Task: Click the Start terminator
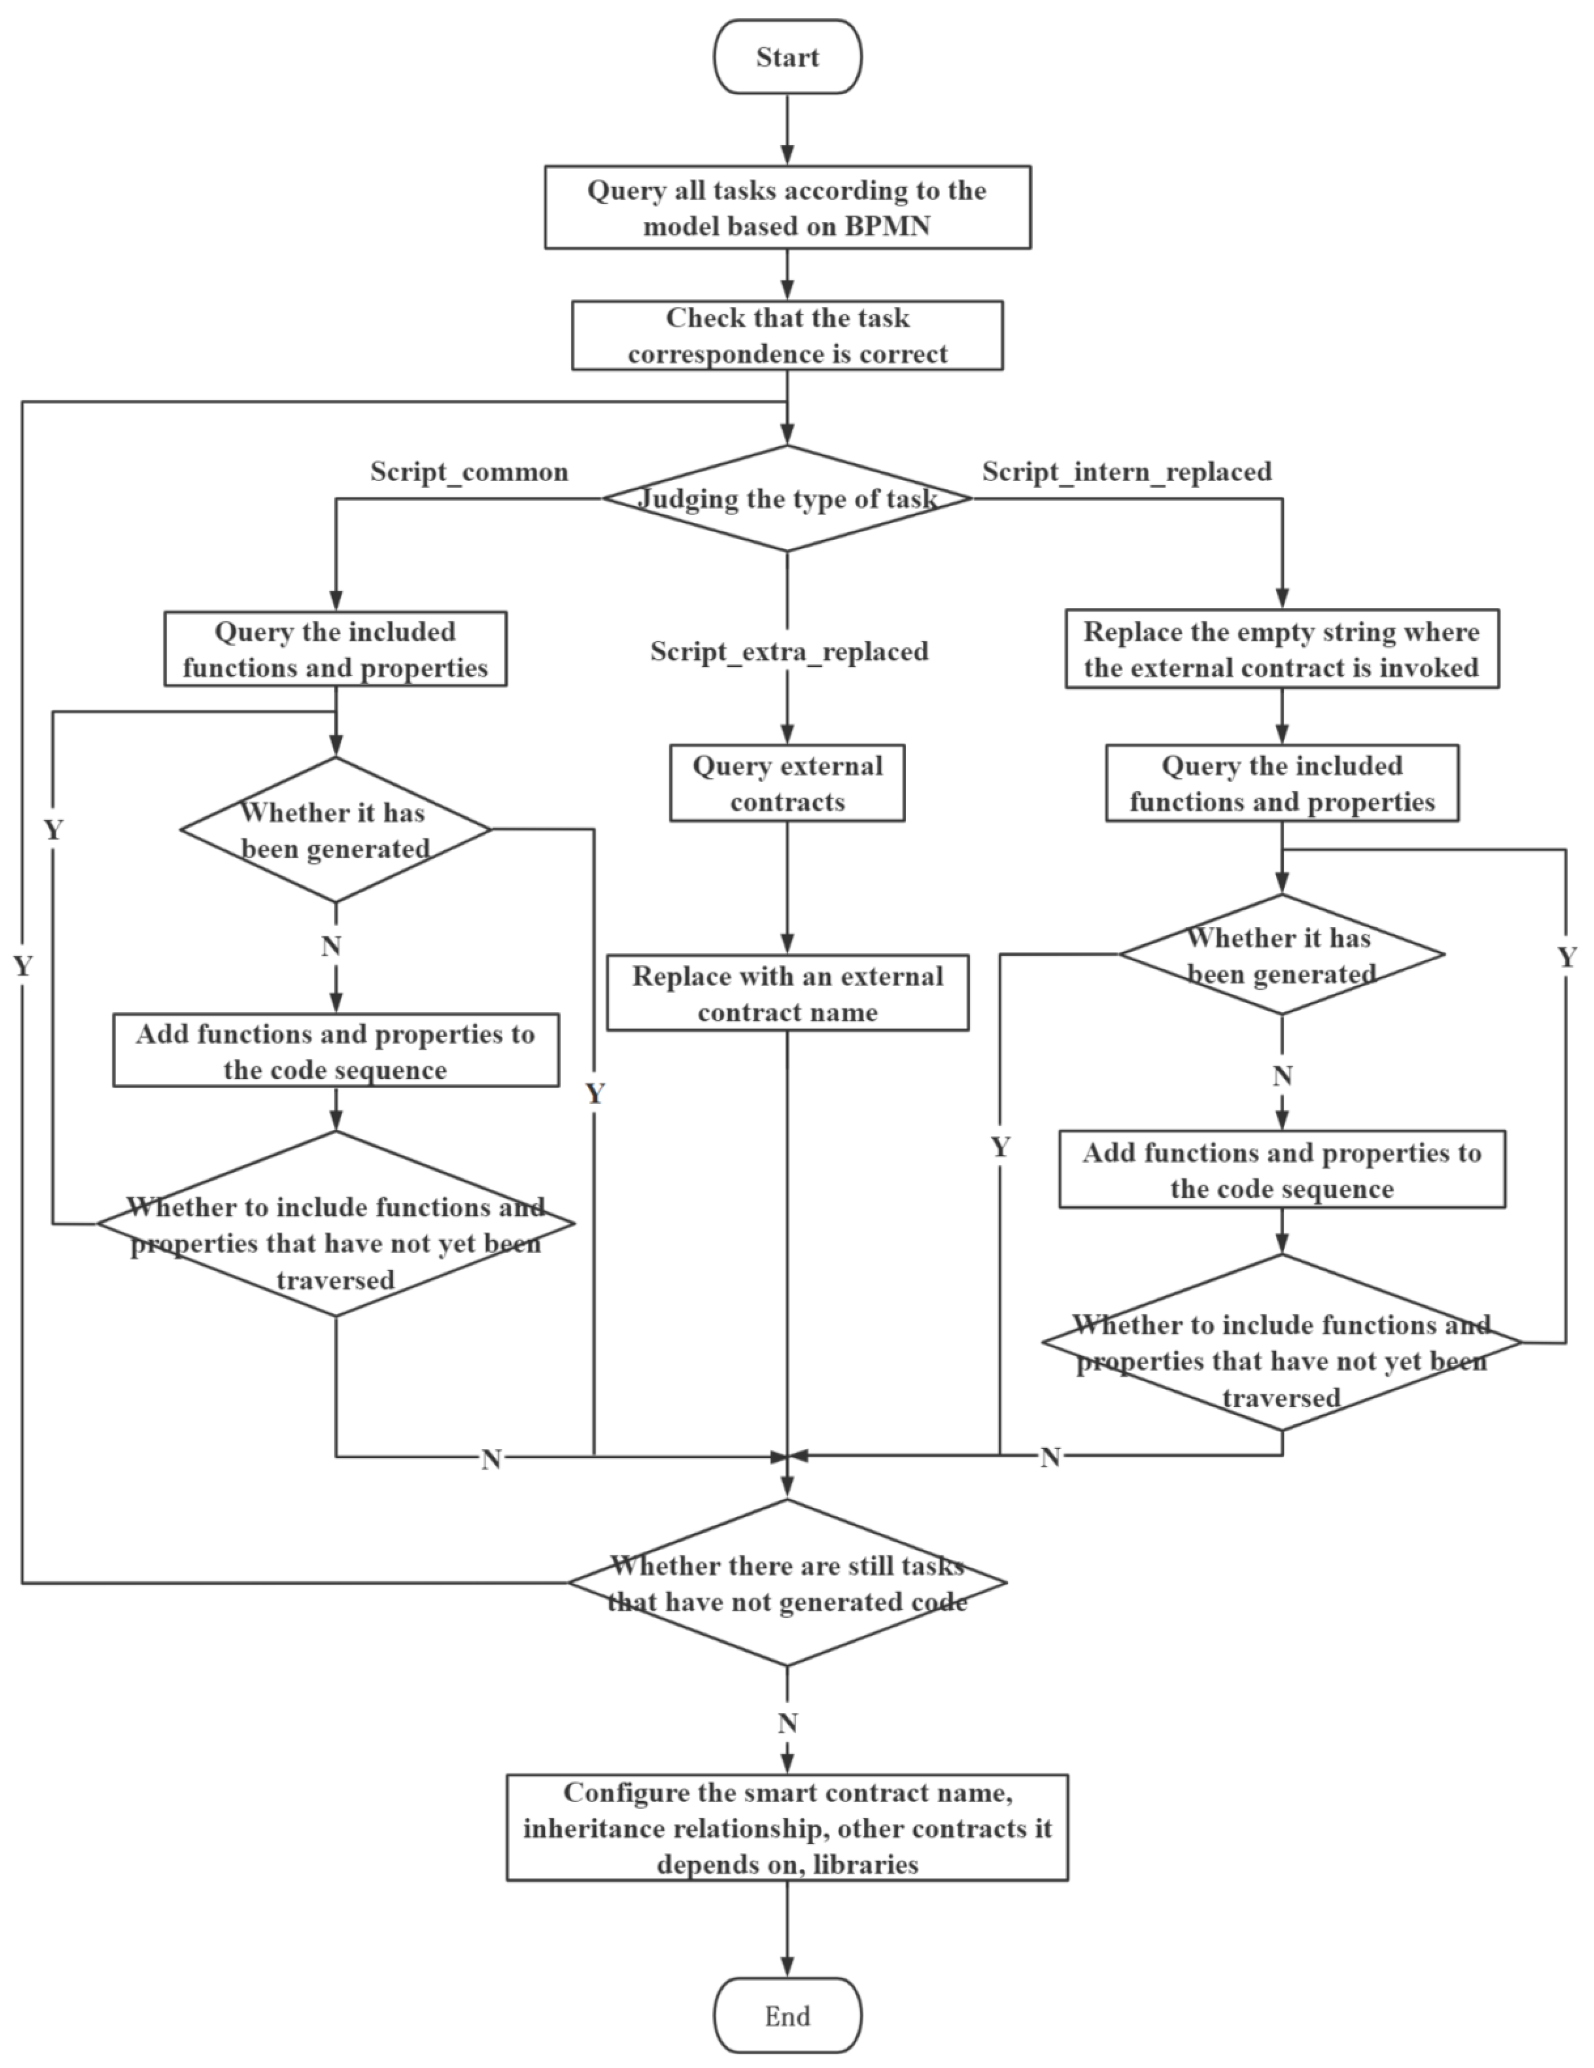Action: click(786, 57)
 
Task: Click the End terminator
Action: click(786, 2015)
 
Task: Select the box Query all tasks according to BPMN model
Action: click(786, 208)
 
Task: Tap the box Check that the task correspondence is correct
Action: click(786, 335)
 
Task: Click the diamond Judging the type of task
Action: click(786, 498)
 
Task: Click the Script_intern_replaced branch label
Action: click(1126, 471)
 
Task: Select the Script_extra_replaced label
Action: click(788, 652)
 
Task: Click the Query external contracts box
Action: click(786, 783)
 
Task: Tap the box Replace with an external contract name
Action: click(786, 993)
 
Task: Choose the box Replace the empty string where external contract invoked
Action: click(1282, 649)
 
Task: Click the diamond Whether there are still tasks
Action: click(786, 1582)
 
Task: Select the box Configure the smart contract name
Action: click(786, 1828)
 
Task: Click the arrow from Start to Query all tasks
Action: click(786, 130)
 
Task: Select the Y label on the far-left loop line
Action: click(22, 966)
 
